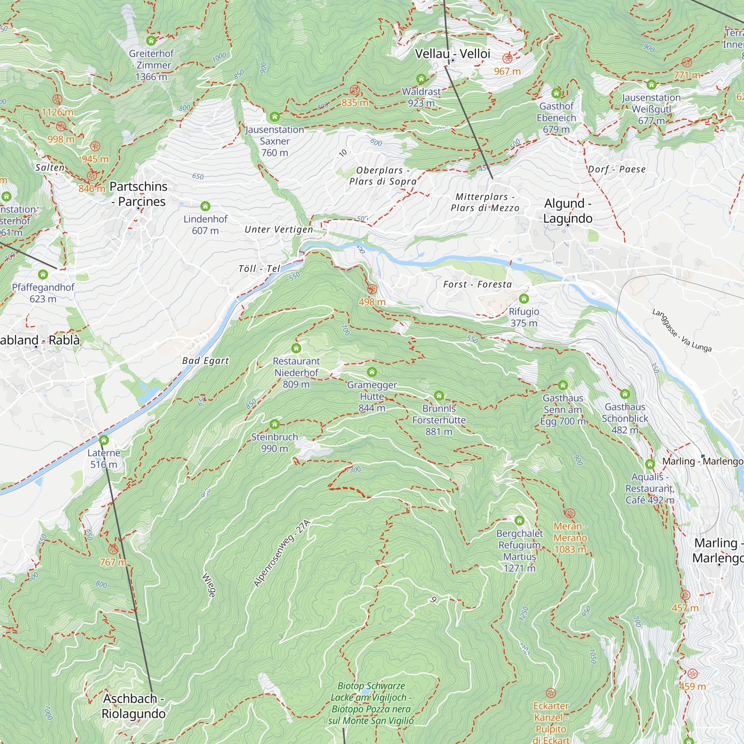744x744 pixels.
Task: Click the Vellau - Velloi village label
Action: (452, 54)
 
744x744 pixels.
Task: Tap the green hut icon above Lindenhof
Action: (205, 206)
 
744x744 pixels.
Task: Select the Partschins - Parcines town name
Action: (138, 194)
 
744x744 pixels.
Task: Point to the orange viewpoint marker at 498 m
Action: (372, 289)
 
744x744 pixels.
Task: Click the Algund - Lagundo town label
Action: (568, 211)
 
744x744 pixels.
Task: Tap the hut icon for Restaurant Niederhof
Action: (296, 349)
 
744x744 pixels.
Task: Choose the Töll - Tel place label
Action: (259, 269)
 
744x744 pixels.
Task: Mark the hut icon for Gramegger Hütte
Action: (372, 372)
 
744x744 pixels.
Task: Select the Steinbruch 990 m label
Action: (275, 443)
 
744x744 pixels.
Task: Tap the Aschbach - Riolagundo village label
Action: (133, 706)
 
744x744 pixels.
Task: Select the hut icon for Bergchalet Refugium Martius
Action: (519, 521)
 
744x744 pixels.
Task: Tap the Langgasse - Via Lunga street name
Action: (682, 330)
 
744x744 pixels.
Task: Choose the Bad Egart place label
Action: (206, 361)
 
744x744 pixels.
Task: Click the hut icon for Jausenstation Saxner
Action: (275, 117)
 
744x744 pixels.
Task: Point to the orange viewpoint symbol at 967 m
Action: (507, 58)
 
